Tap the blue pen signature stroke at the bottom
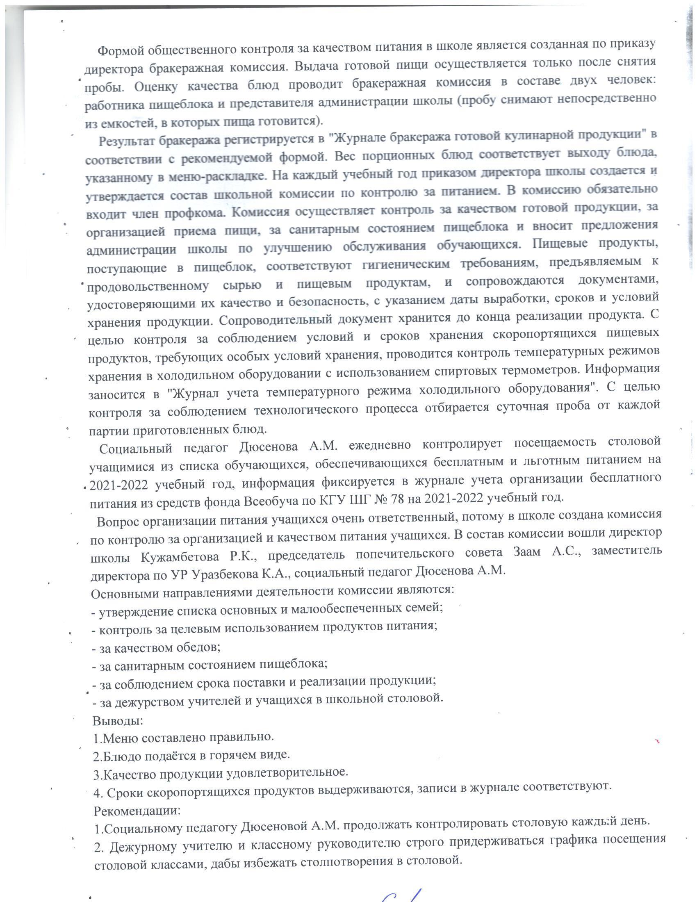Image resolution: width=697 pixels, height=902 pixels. (x=399, y=892)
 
